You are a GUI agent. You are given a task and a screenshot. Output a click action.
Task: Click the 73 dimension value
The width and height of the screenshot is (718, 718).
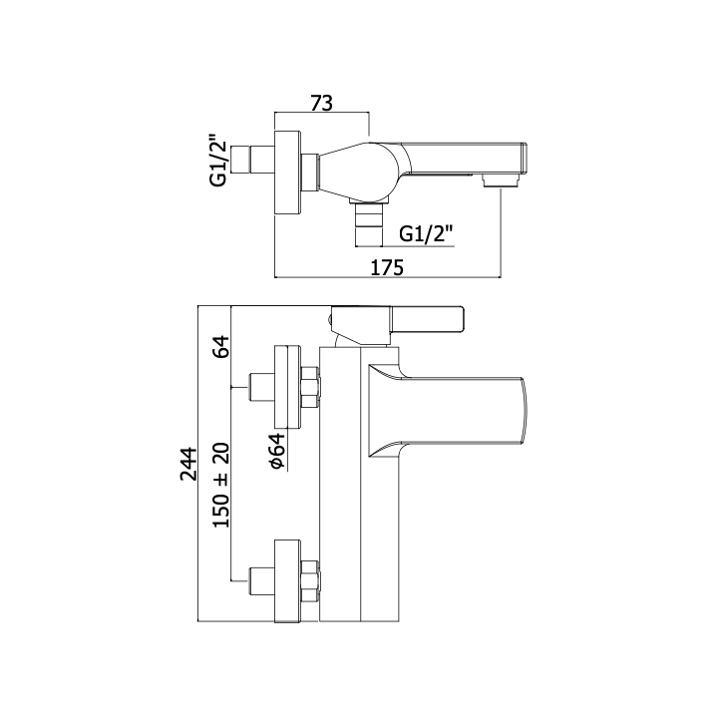pyautogui.click(x=321, y=104)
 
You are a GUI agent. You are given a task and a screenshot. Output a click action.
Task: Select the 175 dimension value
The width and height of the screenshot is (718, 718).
pyautogui.click(x=387, y=268)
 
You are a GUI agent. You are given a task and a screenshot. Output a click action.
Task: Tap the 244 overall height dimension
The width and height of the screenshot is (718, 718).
pyautogui.click(x=188, y=464)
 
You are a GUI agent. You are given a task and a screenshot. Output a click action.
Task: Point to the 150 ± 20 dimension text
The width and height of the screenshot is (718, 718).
pyautogui.click(x=221, y=486)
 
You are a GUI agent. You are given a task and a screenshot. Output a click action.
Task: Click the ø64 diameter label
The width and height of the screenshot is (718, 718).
pyautogui.click(x=277, y=451)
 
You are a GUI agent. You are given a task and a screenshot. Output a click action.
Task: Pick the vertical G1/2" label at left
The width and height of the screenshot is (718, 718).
pyautogui.click(x=218, y=160)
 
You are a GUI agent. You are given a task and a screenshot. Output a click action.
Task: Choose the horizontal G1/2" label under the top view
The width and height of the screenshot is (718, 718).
pyautogui.click(x=426, y=234)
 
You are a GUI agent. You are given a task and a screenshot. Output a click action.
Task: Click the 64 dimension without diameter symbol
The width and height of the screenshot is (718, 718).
pyautogui.click(x=221, y=346)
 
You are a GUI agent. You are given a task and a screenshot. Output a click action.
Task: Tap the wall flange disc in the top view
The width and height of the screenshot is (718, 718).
pyautogui.click(x=288, y=173)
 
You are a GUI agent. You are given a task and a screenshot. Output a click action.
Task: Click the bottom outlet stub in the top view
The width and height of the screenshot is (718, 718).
pyautogui.click(x=368, y=224)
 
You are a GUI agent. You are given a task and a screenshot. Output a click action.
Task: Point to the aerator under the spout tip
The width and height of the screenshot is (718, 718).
pyautogui.click(x=501, y=180)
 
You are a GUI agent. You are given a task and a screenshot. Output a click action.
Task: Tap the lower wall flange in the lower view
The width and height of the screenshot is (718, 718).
pyautogui.click(x=288, y=581)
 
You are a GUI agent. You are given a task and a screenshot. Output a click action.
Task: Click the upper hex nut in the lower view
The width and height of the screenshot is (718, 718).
pyautogui.click(x=311, y=387)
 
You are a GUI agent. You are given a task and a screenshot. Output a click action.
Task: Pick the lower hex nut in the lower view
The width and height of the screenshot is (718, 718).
pyautogui.click(x=311, y=581)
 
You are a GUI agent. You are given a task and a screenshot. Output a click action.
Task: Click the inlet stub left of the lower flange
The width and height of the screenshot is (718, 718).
pyautogui.click(x=261, y=581)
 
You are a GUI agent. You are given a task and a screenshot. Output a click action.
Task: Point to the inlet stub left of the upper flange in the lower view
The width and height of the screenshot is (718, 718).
pyautogui.click(x=261, y=387)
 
